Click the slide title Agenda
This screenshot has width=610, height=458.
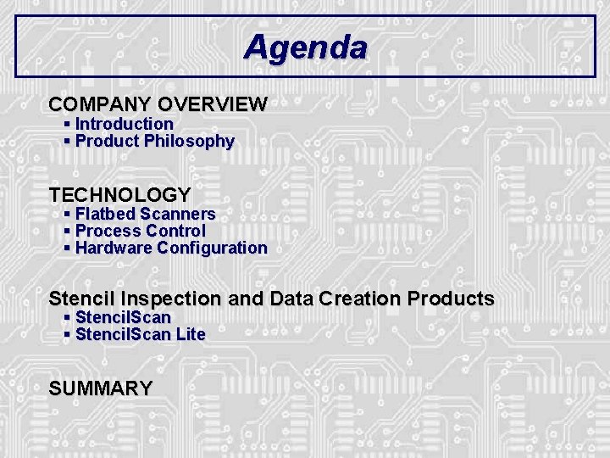pos(305,47)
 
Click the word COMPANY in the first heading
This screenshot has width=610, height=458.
pos(100,105)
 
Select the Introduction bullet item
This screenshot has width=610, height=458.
pos(124,124)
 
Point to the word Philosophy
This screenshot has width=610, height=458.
pos(189,142)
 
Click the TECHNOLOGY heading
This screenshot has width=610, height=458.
pos(119,195)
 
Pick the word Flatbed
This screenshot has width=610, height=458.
pos(105,214)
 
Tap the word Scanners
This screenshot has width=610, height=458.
pos(178,214)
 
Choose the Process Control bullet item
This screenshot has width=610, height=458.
pos(140,231)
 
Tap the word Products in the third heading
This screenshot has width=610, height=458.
pos(451,299)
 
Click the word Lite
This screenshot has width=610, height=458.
pos(191,334)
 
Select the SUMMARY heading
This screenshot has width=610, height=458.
pos(101,388)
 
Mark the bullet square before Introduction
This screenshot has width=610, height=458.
pos(68,125)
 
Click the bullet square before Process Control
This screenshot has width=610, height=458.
pos(68,232)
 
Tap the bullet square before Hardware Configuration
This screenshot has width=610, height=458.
pos(68,249)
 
